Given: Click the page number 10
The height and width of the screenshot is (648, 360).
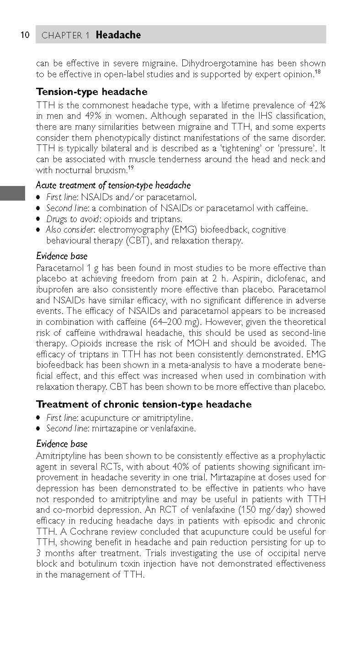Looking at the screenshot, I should click(x=25, y=35).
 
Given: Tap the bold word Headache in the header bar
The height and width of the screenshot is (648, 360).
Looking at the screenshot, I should click(x=118, y=35).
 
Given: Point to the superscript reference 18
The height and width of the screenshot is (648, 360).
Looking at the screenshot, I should click(x=317, y=71).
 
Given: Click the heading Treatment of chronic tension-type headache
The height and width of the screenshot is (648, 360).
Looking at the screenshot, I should click(x=143, y=404).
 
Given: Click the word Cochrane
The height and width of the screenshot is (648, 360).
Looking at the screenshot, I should click(x=87, y=532).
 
